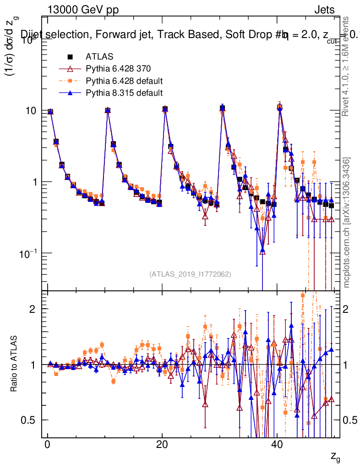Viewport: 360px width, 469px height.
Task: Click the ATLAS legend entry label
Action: pos(99,57)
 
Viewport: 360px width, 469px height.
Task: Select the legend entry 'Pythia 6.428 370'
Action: pos(118,69)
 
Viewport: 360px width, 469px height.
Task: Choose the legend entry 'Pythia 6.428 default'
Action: pos(124,81)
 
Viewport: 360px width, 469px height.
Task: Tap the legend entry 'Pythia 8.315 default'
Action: pos(124,93)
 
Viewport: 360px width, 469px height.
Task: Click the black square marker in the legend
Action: pos(71,57)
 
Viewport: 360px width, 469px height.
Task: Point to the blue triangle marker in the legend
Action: pos(71,93)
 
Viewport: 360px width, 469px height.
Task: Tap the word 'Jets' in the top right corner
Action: pos(324,10)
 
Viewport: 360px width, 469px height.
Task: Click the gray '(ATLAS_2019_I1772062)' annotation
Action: pos(190,274)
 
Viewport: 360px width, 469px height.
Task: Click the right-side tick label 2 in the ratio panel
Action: pos(349,309)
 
